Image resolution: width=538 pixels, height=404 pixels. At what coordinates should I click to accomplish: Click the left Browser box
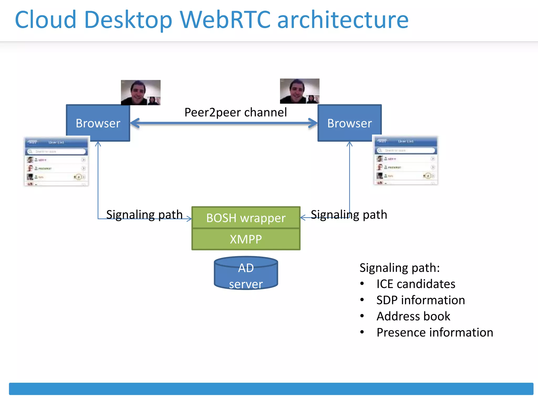tap(98, 123)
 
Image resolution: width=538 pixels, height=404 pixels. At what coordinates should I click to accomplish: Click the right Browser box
tap(349, 123)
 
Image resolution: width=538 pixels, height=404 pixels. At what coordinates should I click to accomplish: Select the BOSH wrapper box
tap(246, 218)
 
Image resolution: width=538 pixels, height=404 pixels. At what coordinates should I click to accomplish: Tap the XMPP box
tap(246, 239)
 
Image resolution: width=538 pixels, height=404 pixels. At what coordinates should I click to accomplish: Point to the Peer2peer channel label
tap(235, 113)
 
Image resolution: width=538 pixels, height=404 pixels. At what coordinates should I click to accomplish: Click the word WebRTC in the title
tap(225, 20)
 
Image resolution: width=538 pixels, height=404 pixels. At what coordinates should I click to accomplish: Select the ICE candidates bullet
tap(416, 284)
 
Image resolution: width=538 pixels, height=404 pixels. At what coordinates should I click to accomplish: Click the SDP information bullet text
tap(420, 300)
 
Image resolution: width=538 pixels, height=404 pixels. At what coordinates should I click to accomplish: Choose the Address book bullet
tap(413, 316)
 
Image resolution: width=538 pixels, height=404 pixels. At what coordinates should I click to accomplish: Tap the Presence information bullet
tap(434, 332)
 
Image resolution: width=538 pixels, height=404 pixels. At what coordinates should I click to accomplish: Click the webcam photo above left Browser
tap(141, 92)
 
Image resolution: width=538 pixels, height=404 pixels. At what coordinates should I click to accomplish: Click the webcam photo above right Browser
tap(299, 91)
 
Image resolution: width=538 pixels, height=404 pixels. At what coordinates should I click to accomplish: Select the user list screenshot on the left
tap(56, 161)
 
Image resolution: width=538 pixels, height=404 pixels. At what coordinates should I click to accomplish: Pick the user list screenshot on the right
tap(406, 160)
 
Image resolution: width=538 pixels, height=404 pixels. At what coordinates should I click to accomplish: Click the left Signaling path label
tap(144, 215)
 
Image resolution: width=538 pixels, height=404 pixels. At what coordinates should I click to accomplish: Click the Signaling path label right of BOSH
tap(349, 215)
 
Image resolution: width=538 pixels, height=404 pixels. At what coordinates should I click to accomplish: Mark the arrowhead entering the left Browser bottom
tap(98, 144)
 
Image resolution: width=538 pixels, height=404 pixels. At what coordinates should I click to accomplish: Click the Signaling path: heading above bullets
tap(399, 268)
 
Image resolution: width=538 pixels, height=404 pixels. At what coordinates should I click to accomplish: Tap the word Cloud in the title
tap(46, 20)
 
